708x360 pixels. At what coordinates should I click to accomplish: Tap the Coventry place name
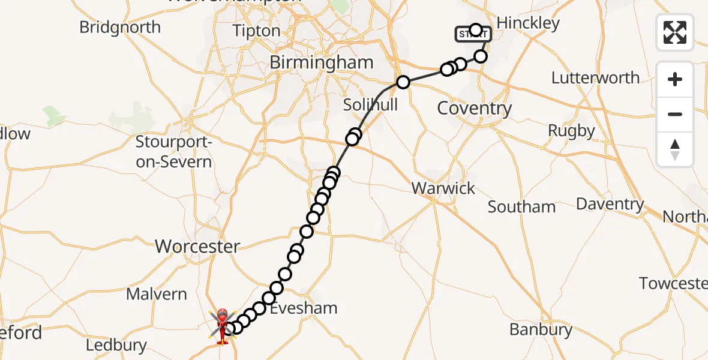tap(474, 109)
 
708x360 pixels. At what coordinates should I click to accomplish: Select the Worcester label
tap(197, 246)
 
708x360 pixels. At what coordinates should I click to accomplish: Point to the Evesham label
tap(304, 308)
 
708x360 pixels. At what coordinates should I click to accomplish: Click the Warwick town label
tap(443, 188)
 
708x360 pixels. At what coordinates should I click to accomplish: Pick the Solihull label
tap(370, 104)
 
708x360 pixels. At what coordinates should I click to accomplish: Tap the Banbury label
tap(540, 329)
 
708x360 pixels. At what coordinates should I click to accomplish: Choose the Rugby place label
tap(571, 131)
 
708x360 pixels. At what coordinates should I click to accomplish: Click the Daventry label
tap(610, 204)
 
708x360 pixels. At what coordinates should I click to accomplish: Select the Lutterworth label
tap(595, 78)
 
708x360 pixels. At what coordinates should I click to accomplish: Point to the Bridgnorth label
tap(120, 27)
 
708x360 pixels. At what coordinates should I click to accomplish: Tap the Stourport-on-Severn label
tap(173, 152)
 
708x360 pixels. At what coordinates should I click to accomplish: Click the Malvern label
tap(157, 294)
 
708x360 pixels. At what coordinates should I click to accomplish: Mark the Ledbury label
tap(116, 345)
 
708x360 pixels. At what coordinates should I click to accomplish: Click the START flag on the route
tap(473, 35)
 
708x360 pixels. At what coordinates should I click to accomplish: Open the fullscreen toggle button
tap(675, 32)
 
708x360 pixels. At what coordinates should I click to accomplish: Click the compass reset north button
tap(675, 149)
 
